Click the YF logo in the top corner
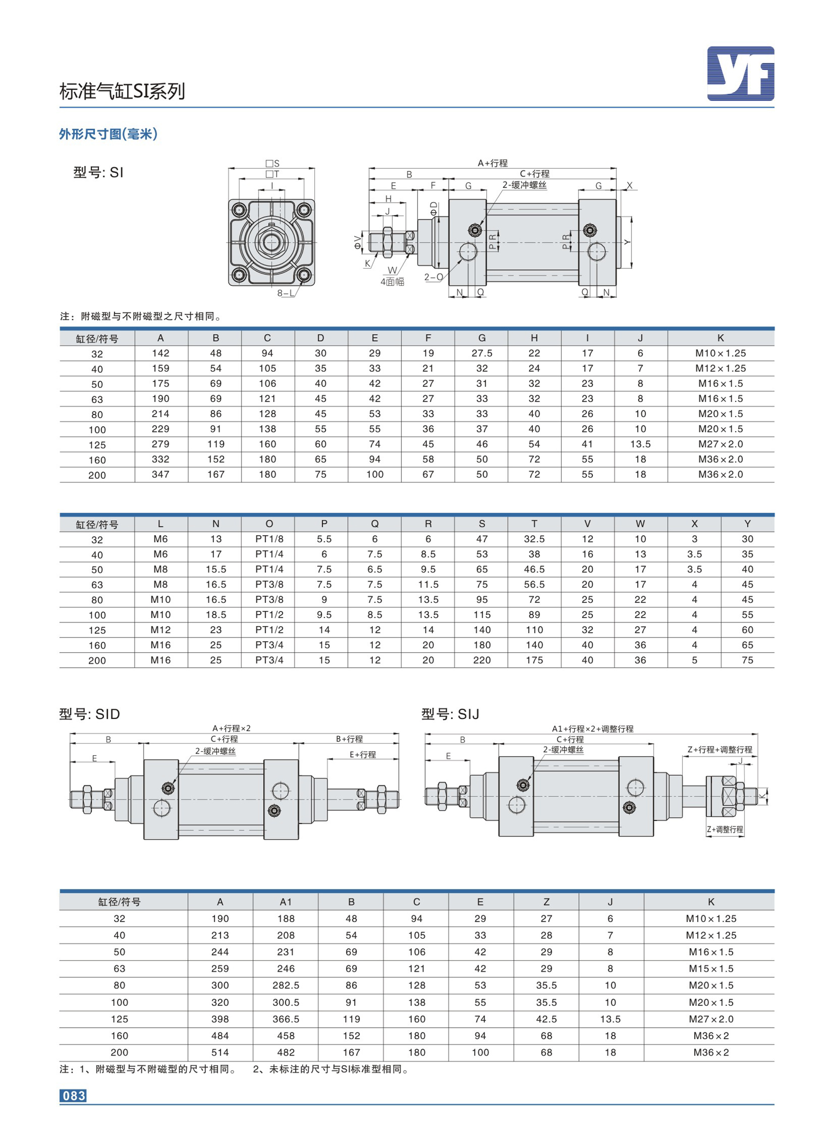[x=740, y=74]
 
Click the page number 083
[x=73, y=1095]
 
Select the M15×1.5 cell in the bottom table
[x=711, y=968]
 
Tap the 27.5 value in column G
[x=482, y=353]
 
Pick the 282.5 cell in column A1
[x=286, y=985]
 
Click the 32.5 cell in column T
[x=534, y=539]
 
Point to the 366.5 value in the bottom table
[x=286, y=1019]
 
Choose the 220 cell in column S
[x=482, y=660]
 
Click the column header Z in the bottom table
[x=546, y=902]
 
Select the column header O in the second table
[x=269, y=523]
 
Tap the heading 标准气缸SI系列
[x=122, y=91]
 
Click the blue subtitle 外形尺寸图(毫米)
[x=109, y=134]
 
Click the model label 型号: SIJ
[x=450, y=714]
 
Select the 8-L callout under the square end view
[x=285, y=293]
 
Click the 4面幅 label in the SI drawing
[x=392, y=282]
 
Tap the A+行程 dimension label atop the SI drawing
[x=493, y=163]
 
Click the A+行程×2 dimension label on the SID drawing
[x=231, y=728]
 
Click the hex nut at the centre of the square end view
[x=271, y=242]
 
